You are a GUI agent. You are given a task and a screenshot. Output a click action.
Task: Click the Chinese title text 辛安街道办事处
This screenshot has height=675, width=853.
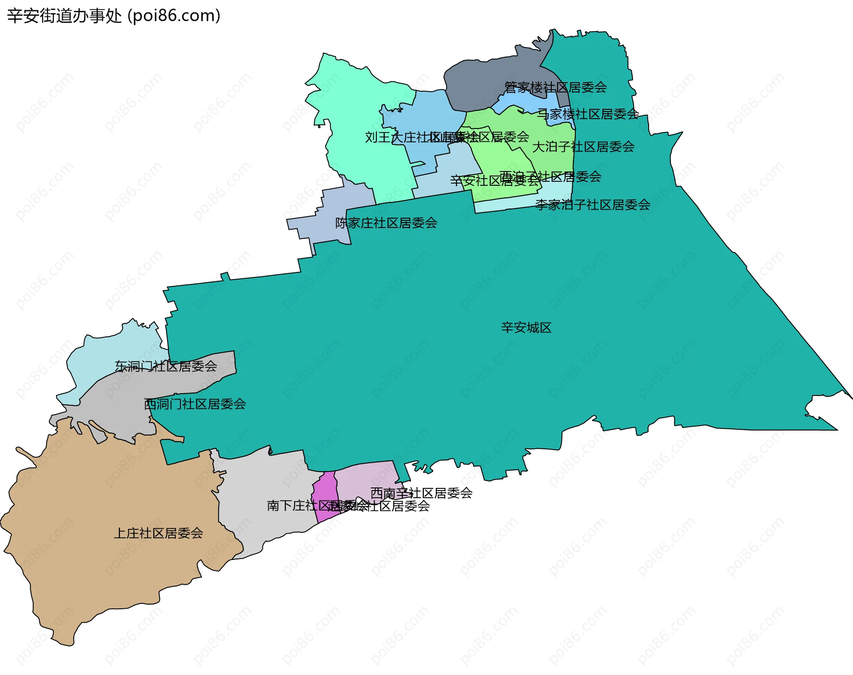pyautogui.click(x=64, y=16)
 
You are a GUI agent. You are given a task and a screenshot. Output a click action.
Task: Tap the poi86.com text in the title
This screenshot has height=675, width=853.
pyautogui.click(x=174, y=16)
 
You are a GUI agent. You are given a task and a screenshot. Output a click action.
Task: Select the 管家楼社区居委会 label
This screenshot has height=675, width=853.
pyautogui.click(x=555, y=88)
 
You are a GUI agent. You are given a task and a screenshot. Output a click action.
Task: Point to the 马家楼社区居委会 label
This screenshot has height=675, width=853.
pyautogui.click(x=588, y=114)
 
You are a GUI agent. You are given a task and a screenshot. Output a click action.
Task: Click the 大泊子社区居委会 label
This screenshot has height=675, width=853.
pyautogui.click(x=583, y=147)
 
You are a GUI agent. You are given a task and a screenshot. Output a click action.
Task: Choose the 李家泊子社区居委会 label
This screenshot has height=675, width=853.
pyautogui.click(x=593, y=205)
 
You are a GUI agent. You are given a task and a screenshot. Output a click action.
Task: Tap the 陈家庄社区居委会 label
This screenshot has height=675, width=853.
pyautogui.click(x=386, y=223)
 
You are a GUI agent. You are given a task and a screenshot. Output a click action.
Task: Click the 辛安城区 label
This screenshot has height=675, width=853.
pyautogui.click(x=526, y=328)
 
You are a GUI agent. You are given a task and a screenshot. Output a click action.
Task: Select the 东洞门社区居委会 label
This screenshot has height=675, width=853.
pyautogui.click(x=166, y=366)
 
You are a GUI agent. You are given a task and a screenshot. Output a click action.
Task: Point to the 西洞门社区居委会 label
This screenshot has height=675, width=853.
pyautogui.click(x=195, y=404)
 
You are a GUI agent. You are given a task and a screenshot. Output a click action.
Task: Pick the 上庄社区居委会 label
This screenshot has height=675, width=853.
pyautogui.click(x=158, y=533)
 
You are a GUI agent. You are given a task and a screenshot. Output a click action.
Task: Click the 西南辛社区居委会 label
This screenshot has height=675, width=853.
pyautogui.click(x=421, y=493)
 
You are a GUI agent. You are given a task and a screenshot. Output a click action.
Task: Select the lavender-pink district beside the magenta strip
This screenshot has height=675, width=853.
pyautogui.click(x=364, y=478)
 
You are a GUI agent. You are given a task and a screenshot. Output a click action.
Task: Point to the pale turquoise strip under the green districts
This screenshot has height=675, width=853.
pyautogui.click(x=511, y=205)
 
